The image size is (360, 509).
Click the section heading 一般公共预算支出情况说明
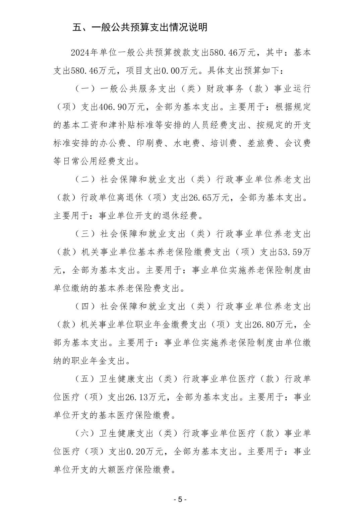click(x=140, y=27)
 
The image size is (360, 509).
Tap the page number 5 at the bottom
click(x=180, y=499)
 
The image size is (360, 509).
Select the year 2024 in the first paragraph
click(x=80, y=53)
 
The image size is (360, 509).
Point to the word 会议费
click(x=297, y=143)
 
